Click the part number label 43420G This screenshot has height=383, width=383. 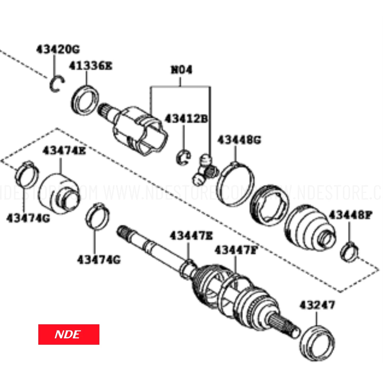click(x=58, y=49)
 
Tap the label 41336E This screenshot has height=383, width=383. click(x=90, y=66)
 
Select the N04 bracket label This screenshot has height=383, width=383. click(x=181, y=70)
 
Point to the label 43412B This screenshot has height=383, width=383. click(x=186, y=119)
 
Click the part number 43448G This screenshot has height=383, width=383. click(x=239, y=140)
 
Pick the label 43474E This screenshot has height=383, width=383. click(x=64, y=151)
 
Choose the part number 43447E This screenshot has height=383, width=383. click(x=191, y=236)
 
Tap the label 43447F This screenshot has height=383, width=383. click(x=236, y=250)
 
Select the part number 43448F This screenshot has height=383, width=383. click(x=350, y=215)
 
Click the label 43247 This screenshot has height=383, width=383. click(x=317, y=305)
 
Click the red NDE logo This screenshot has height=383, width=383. click(x=69, y=334)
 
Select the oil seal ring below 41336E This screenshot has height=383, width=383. click(x=85, y=100)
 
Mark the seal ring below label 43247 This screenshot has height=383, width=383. click(x=317, y=343)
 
